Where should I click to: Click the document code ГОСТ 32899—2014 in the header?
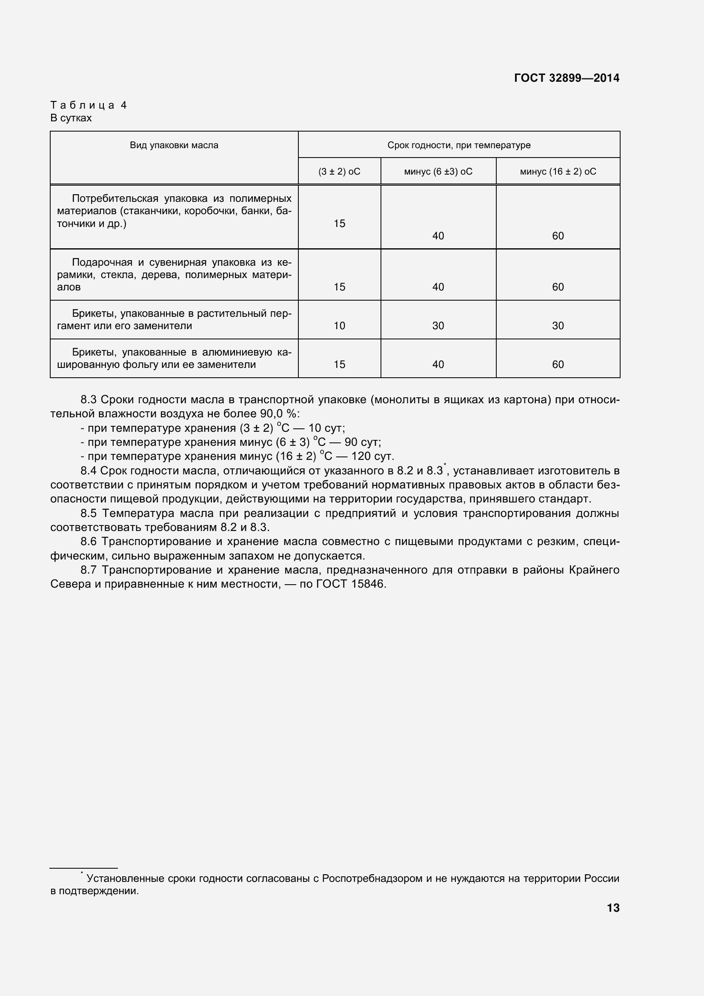567,78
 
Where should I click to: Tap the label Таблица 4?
89,105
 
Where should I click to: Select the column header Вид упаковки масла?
174,145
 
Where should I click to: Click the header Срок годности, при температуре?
459,145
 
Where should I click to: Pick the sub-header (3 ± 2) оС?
339,172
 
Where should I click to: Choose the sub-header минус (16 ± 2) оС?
558,172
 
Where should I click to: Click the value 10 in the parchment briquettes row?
339,326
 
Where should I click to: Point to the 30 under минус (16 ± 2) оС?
558,326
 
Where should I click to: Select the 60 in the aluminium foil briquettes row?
558,365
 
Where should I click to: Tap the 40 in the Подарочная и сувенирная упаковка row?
438,287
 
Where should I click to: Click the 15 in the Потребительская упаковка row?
339,224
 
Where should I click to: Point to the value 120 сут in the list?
372,456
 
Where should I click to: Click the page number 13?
613,908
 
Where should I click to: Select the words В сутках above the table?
71,118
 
